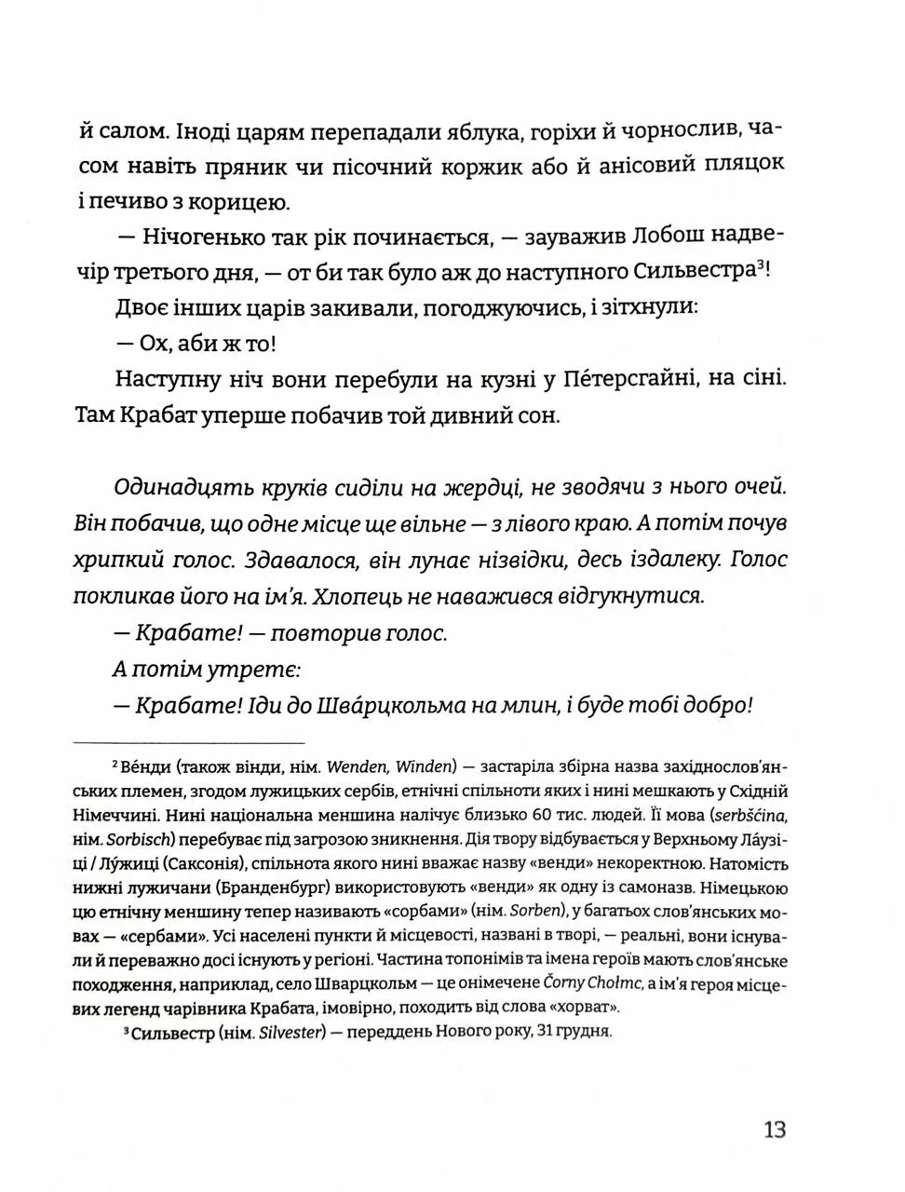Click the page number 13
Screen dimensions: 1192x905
[775, 1130]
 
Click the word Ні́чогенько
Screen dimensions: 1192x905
[199, 237]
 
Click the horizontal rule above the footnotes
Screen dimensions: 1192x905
[188, 742]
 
